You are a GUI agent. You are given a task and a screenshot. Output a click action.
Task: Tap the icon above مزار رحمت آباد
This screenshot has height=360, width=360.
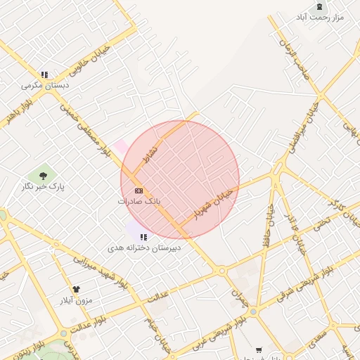(320, 6)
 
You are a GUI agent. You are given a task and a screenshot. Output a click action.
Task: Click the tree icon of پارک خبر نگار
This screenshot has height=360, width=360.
(44, 176)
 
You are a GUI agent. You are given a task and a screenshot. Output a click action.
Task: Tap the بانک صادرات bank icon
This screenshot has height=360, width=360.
(139, 191)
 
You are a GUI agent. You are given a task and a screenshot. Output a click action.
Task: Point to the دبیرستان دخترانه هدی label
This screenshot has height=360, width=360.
(143, 248)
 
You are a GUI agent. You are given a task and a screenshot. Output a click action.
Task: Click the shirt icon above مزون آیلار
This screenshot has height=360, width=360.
(76, 289)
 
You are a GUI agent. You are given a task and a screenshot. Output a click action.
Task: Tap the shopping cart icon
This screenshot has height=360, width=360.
(259, 349)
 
